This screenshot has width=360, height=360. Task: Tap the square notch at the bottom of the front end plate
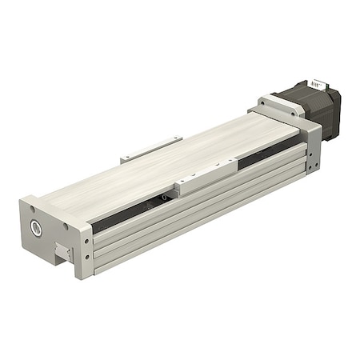pyautogui.click(x=61, y=254)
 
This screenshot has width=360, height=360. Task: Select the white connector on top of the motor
pyautogui.click(x=319, y=84)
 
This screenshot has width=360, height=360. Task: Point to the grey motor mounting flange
pyautogui.click(x=280, y=105)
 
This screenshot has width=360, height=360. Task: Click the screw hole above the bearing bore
pyautogui.click(x=34, y=210)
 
